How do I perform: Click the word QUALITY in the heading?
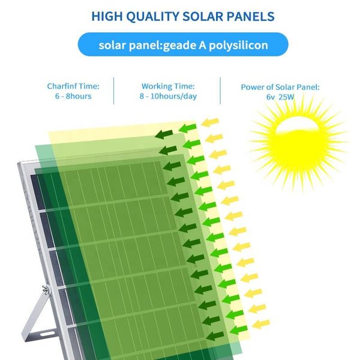(x=152, y=17)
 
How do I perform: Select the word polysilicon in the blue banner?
(x=238, y=45)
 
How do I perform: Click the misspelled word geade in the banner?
(x=179, y=45)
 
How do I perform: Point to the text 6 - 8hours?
(x=73, y=96)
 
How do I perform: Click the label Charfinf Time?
(x=73, y=86)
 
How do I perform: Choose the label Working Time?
(x=168, y=86)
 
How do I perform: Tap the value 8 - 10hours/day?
(x=168, y=96)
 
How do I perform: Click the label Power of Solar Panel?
(x=280, y=87)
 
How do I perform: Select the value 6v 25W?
(x=280, y=97)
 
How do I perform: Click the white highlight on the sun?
(x=296, y=125)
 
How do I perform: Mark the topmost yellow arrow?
(x=210, y=122)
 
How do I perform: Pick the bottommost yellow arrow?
(x=261, y=324)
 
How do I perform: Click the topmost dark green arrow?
(x=164, y=134)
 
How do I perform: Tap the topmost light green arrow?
(x=188, y=128)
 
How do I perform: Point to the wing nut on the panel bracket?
(x=46, y=290)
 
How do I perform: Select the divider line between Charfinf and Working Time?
(x=113, y=91)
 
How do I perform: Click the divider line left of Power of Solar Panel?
(x=220, y=91)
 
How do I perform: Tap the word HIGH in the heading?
(x=107, y=17)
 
